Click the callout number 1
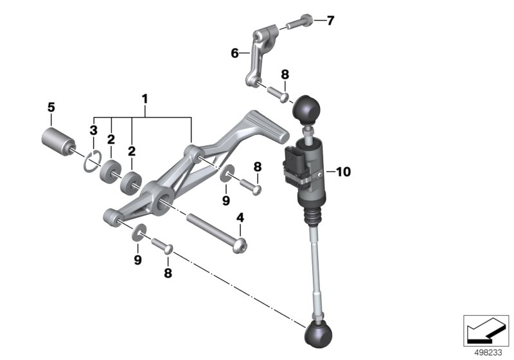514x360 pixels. pyautogui.click(x=145, y=99)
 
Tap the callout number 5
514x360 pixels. pyautogui.click(x=51, y=107)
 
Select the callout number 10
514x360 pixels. pyautogui.click(x=343, y=172)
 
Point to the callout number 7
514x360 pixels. pyautogui.click(x=330, y=21)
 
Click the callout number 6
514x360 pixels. pyautogui.click(x=235, y=53)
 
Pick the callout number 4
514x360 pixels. pyautogui.click(x=240, y=217)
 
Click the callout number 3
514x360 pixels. pyautogui.click(x=94, y=130)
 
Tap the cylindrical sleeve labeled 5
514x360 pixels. pyautogui.click(x=58, y=142)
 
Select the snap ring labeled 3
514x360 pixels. pyautogui.click(x=93, y=161)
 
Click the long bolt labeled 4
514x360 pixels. pyautogui.click(x=217, y=233)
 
